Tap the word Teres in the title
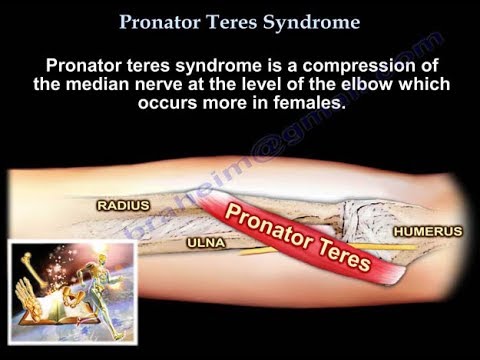click(x=237, y=20)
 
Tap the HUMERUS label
click(x=427, y=231)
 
